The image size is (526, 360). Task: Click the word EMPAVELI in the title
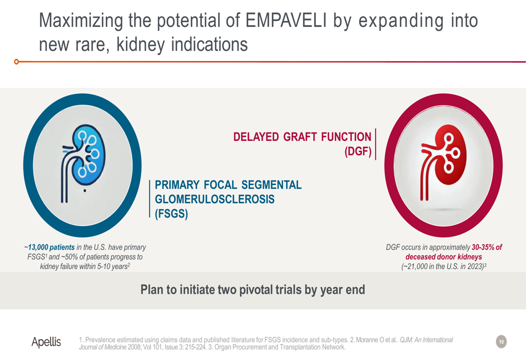point(286,20)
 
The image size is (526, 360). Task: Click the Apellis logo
point(46,342)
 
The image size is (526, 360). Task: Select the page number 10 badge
point(501,342)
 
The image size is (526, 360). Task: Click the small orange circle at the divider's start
point(16,61)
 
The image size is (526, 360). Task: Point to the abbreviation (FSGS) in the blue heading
point(171,214)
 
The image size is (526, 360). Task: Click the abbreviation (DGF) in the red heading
point(358,151)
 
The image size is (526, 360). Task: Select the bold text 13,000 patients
point(52,248)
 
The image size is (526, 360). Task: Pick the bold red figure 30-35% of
point(487,248)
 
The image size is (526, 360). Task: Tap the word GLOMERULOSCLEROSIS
point(215,199)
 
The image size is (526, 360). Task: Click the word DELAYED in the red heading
point(256,137)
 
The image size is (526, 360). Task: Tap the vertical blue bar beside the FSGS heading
point(149,199)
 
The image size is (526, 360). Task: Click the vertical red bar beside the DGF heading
point(376,144)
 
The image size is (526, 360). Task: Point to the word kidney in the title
point(140,45)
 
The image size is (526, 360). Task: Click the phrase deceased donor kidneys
point(443,257)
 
